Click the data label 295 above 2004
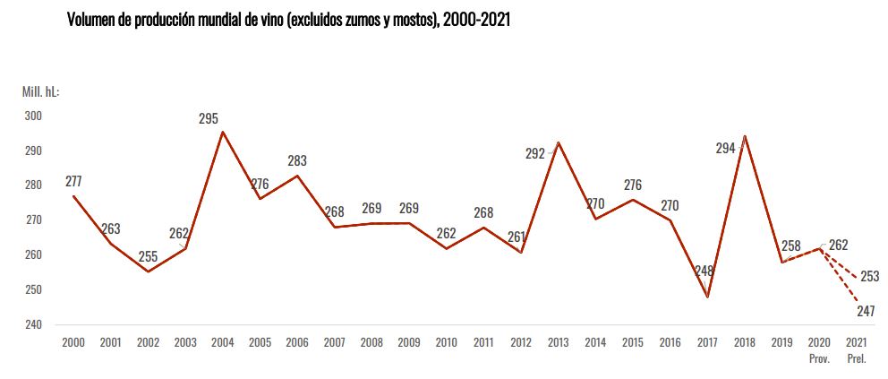[x=209, y=118]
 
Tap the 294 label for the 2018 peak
[x=725, y=149]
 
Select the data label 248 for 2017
[x=705, y=271]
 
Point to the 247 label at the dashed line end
[x=866, y=311]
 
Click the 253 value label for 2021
[x=869, y=276]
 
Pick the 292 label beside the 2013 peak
[x=535, y=153]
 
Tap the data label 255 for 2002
[x=148, y=256]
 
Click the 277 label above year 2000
[x=73, y=181]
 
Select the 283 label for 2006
[x=297, y=161]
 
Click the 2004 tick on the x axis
[x=222, y=342]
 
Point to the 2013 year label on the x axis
[x=558, y=342]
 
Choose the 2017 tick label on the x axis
[x=707, y=342]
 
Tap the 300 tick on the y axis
[x=33, y=116]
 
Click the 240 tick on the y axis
[x=33, y=324]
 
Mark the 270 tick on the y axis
[x=33, y=220]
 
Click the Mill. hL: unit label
[x=40, y=91]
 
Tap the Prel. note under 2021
[x=857, y=358]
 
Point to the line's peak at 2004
[x=222, y=132]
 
